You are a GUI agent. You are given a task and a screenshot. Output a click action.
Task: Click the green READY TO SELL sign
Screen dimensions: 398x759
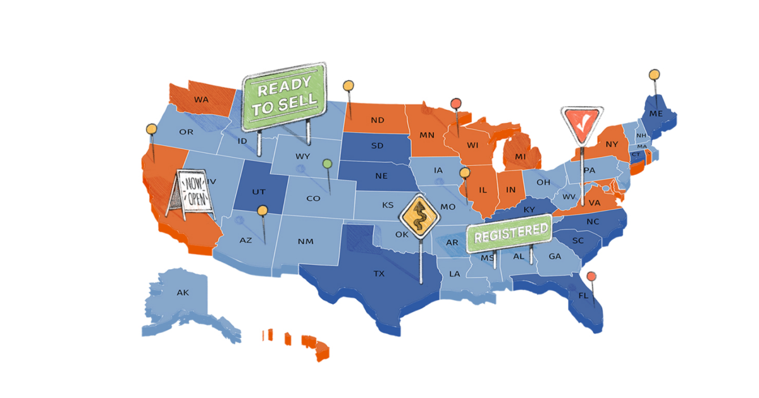(x=284, y=97)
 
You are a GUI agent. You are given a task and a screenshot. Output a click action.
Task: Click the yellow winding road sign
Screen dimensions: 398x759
(x=419, y=215)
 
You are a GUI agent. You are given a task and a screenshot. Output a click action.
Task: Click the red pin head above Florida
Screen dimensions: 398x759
(x=591, y=276)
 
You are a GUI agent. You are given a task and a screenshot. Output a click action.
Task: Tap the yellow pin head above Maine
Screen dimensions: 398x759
(x=654, y=75)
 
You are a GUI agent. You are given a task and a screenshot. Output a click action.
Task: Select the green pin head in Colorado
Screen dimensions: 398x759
(x=327, y=164)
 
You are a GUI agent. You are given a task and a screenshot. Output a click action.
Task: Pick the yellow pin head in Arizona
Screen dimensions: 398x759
(x=262, y=210)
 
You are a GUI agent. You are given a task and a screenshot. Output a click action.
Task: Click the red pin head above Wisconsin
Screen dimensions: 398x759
(x=455, y=103)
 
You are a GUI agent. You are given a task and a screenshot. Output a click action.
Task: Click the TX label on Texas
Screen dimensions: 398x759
(x=379, y=274)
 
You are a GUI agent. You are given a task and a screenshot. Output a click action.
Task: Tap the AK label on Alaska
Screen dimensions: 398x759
(x=183, y=292)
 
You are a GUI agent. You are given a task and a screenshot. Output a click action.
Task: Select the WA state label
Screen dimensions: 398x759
(x=201, y=100)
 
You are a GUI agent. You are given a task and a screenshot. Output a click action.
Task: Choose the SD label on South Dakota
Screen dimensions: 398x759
(x=377, y=146)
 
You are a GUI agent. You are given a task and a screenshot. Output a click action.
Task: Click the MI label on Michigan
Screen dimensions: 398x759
(x=520, y=156)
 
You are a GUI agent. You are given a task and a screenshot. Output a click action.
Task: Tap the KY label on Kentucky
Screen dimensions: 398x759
(x=529, y=209)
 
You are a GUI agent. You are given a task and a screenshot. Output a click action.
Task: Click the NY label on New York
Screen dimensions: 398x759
(x=612, y=145)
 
